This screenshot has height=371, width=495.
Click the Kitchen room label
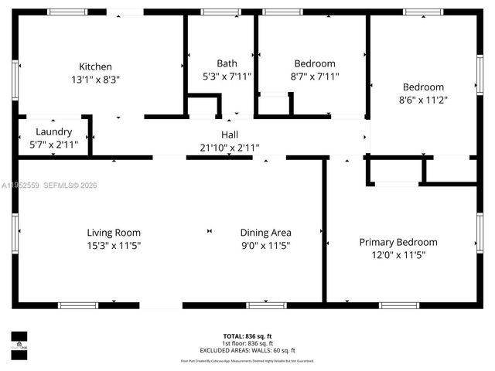point(95,66)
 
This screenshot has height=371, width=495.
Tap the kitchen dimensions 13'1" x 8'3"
point(95,79)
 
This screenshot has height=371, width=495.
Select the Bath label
point(227,63)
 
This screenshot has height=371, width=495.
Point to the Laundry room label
point(53,131)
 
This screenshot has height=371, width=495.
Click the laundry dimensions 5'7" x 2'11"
point(53,144)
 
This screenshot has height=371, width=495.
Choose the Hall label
point(230,134)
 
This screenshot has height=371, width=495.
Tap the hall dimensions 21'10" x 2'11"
point(230,147)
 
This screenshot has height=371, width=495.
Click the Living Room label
point(114,232)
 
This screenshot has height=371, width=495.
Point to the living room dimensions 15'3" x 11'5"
point(114,245)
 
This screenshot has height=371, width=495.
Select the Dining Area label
point(265,232)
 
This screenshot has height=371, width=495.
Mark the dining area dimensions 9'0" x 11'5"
point(265,245)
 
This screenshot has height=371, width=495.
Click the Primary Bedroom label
point(398,242)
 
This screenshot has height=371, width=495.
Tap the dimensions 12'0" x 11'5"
point(398,254)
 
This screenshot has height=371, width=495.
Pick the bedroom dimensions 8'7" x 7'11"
point(315,76)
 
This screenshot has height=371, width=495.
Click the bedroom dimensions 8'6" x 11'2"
point(423,99)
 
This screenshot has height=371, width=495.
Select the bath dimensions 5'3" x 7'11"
point(227,76)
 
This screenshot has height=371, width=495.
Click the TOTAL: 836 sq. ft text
point(247,336)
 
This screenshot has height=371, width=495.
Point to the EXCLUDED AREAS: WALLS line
point(247,349)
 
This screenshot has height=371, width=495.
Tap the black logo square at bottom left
point(19,341)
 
